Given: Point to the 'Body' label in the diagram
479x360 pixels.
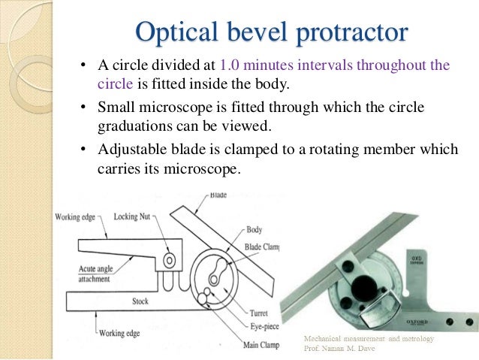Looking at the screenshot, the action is point(255,229).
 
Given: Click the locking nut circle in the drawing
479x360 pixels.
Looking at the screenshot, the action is point(170,260).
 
